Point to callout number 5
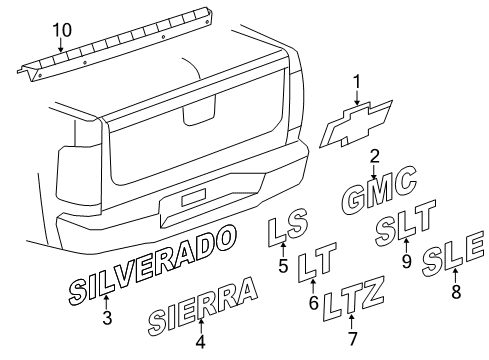click(283, 267)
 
